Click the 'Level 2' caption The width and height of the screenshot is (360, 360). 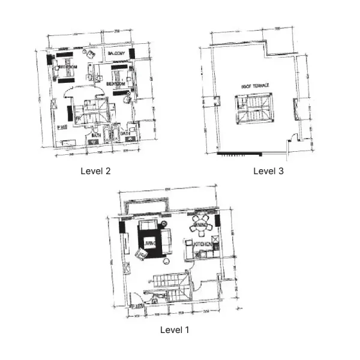click(x=95, y=171)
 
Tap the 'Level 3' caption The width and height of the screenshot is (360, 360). click(x=268, y=171)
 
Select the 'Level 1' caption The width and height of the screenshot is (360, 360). click(x=175, y=329)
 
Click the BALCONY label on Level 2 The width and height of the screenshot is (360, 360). click(x=116, y=55)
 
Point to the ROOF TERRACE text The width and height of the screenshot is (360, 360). click(x=255, y=86)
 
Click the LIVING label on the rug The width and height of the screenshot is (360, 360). click(x=149, y=244)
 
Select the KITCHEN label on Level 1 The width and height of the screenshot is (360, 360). click(x=202, y=245)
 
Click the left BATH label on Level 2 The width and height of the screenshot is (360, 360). click(x=96, y=136)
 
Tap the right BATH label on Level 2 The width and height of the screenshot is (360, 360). click(x=124, y=133)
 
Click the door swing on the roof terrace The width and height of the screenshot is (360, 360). click(x=293, y=138)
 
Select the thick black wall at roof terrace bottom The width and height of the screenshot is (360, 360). click(x=236, y=154)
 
